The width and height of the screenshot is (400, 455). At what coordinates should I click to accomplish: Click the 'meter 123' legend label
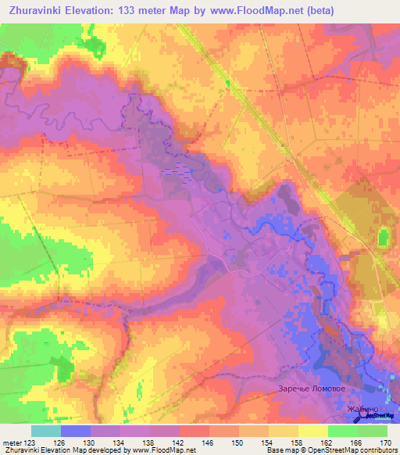point(19,442)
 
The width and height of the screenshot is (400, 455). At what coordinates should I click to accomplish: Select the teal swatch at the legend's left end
point(45,431)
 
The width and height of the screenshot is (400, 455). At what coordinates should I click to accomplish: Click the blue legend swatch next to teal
point(75,431)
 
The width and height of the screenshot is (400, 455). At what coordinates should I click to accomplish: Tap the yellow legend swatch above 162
point(312,431)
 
